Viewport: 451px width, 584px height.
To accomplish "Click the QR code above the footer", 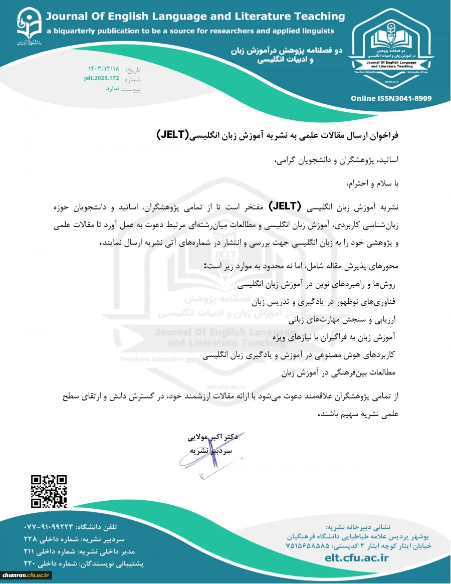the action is (49, 491).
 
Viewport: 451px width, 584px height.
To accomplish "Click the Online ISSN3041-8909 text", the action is (391, 98).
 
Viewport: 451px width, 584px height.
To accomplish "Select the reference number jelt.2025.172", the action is (102, 78).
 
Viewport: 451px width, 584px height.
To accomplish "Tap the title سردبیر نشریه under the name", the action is (211, 451).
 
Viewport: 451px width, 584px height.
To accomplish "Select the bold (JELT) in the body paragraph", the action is (285, 206).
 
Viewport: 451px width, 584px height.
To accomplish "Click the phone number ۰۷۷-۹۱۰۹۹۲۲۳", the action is (49, 527).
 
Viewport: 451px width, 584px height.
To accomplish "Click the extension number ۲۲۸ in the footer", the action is (32, 539).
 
